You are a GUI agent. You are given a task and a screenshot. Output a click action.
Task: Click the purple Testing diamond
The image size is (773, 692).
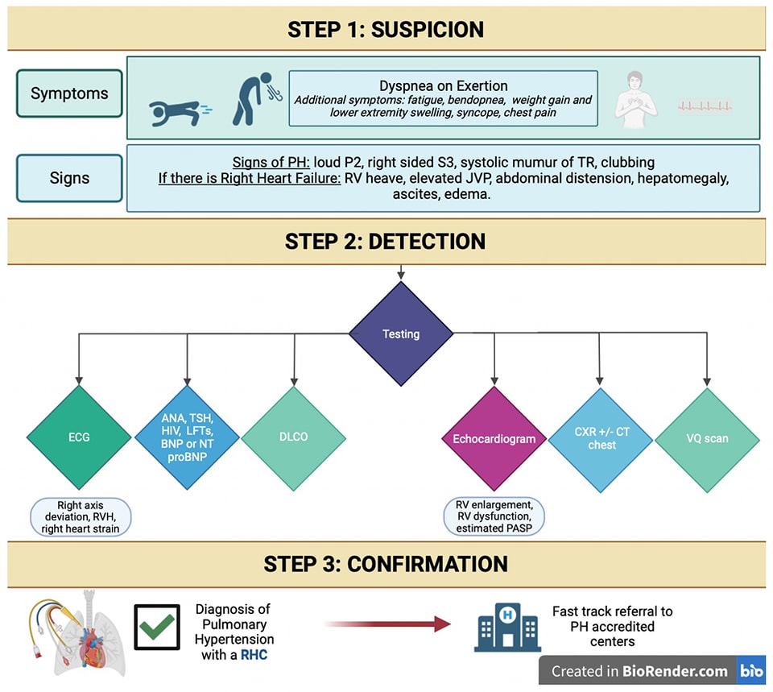click(401, 334)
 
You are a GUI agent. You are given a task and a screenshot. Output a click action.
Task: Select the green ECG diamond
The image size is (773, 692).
click(79, 437)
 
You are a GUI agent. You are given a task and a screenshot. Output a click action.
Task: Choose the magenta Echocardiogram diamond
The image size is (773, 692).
click(494, 438)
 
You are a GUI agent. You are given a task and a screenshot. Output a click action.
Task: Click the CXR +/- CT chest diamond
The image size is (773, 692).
click(601, 439)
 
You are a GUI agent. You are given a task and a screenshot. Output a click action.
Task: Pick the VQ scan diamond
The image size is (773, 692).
click(708, 439)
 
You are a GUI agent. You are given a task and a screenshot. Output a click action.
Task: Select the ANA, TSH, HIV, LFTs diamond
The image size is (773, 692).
click(188, 437)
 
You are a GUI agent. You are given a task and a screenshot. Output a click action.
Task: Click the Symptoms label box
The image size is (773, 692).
click(69, 93)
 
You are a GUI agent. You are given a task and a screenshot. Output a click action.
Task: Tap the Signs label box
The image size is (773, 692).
click(69, 178)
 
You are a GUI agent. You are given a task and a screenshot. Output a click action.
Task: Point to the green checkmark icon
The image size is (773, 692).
click(157, 627)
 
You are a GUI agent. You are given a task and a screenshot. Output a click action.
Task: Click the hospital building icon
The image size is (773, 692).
click(508, 628)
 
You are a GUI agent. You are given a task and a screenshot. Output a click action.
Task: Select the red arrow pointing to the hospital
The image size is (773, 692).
click(387, 624)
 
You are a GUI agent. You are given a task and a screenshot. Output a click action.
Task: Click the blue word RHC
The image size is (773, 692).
click(254, 654)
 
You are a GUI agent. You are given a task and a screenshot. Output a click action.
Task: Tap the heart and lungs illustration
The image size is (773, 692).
click(77, 633)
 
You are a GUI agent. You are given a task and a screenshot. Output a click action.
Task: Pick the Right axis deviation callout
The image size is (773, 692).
click(81, 517)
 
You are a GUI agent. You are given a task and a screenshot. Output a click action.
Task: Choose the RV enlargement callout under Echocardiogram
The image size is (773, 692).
click(494, 516)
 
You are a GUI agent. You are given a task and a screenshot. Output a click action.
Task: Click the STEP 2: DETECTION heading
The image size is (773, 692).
click(385, 242)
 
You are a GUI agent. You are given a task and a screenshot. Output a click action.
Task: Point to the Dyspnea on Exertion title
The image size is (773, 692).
click(443, 86)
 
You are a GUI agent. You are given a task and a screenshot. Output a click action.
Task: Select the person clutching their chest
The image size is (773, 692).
click(636, 100)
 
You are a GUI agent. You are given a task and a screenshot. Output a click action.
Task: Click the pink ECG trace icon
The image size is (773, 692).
click(705, 106)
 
